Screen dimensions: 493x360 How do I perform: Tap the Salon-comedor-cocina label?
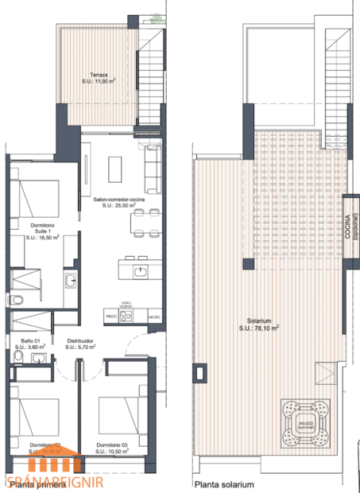[114, 202]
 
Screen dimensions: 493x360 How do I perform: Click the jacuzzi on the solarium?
[304, 422]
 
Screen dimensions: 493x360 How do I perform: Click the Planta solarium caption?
[226, 483]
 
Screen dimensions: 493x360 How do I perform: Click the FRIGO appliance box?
[111, 316]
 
